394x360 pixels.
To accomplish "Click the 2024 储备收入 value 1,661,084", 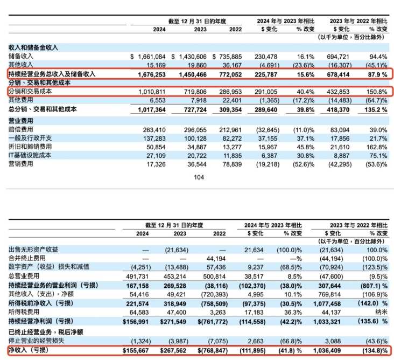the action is (152, 57).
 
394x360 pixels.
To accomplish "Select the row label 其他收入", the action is (20, 65).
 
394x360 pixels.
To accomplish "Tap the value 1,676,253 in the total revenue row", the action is (152, 75).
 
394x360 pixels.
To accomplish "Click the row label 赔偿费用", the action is (20, 129).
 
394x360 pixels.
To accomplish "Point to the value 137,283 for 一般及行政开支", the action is (154, 139).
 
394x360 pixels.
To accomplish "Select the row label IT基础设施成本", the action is (30, 155).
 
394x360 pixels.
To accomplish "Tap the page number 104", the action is (199, 177).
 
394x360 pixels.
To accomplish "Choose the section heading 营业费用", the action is (20, 121).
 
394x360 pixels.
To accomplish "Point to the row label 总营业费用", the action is (24, 276).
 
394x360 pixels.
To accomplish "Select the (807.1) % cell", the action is (374, 286).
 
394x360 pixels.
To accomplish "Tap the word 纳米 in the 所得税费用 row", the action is (381, 312).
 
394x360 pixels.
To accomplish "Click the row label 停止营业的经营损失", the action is (36, 341).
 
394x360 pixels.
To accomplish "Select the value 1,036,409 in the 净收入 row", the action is (327, 350).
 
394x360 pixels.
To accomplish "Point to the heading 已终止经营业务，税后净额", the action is (46, 332).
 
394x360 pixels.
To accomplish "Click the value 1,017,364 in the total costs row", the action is (152, 110).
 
